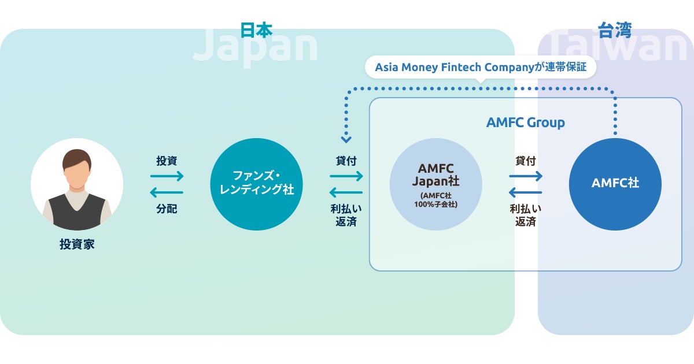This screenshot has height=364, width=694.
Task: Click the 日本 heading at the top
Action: pos(256,30)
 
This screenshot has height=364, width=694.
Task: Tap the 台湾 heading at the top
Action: pos(615,30)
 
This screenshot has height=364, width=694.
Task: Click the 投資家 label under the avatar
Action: pos(77,244)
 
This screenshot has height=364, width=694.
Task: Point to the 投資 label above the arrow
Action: pos(167,161)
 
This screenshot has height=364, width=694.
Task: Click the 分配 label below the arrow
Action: pos(167,209)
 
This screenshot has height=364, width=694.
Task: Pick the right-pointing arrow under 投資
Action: pos(167,176)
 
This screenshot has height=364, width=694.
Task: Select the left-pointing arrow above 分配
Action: pos(167,192)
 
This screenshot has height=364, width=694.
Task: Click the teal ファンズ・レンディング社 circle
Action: pos(256,184)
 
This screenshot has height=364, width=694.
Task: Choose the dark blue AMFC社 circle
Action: pos(615,184)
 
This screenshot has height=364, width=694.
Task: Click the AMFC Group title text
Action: pos(525,122)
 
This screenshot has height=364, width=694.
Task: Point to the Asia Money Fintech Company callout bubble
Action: pos(480,67)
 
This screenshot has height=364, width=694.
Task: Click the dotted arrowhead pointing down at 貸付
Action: pos(346,139)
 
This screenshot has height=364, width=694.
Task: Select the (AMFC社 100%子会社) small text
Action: pos(435,199)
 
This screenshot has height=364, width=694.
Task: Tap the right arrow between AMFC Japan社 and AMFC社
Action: pos(526,176)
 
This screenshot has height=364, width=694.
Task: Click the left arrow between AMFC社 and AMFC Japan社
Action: pos(526,192)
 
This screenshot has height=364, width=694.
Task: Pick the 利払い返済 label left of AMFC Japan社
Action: pos(346,215)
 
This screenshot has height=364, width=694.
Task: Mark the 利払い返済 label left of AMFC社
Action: pos(526,215)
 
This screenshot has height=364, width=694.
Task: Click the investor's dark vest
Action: pos(77,211)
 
